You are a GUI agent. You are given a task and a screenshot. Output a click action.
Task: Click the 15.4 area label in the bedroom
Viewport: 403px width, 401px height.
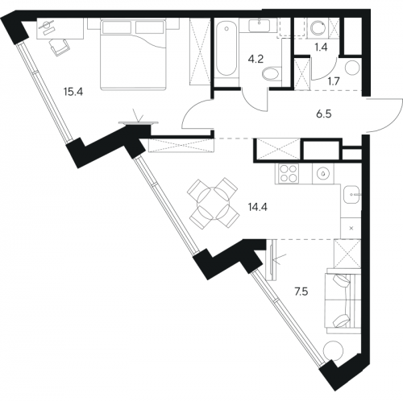[73, 92]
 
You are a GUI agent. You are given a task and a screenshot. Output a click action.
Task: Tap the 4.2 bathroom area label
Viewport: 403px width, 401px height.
[256, 59]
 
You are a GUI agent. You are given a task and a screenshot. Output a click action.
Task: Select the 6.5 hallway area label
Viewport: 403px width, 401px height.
[324, 114]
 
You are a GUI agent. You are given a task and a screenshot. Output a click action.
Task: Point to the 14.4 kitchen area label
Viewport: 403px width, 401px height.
[258, 207]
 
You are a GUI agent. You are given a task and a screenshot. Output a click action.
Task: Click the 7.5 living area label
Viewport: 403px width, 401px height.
[301, 291]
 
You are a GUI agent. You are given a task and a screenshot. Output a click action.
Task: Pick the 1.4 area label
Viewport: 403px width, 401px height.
[321, 48]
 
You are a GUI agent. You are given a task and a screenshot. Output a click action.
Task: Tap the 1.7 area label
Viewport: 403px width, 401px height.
[334, 81]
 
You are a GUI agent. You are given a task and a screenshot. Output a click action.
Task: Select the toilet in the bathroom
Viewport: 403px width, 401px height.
[272, 74]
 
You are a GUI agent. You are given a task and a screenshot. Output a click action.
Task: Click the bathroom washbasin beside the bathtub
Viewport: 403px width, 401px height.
[260, 25]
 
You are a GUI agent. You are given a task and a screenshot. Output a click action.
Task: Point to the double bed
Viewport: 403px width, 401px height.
[133, 54]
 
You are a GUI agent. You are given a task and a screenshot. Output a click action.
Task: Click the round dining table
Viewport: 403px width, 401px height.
[214, 203]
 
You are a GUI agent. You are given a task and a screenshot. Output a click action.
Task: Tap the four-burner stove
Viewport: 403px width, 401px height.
[287, 174]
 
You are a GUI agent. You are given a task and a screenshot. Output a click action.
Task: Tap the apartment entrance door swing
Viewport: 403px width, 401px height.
[385, 116]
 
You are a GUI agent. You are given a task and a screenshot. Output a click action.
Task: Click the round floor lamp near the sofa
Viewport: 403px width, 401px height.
[334, 351]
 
